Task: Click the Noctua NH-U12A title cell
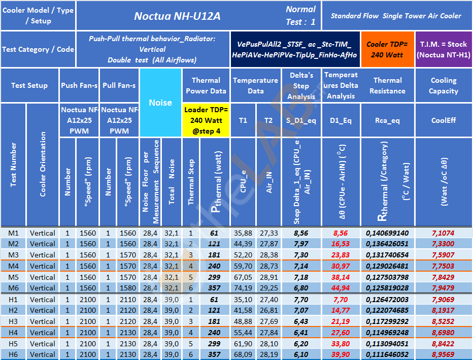(177, 16)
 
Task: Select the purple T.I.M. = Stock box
(443, 49)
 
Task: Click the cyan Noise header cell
(160, 103)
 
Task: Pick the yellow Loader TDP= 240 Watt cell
(206, 120)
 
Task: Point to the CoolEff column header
(443, 120)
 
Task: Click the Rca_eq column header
(387, 120)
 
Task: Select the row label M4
(13, 266)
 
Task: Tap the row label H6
(13, 354)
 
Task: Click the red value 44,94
(341, 288)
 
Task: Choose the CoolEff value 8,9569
(443, 354)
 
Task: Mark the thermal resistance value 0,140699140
(387, 233)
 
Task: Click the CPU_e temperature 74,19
(243, 288)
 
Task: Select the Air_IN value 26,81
(269, 310)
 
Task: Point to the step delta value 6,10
(301, 354)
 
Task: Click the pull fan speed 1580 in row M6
(127, 288)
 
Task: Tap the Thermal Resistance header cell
(387, 85)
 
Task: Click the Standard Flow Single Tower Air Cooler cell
(396, 16)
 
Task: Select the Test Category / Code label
(38, 49)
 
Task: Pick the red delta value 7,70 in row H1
(341, 299)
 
